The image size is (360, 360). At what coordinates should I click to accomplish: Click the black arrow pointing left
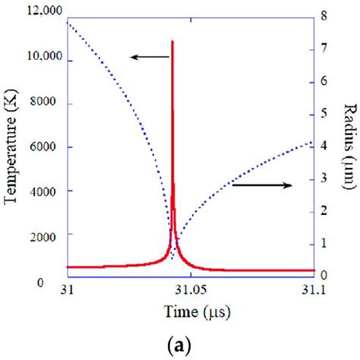click(x=148, y=55)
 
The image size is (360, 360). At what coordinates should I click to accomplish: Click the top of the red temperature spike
click(x=173, y=41)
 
